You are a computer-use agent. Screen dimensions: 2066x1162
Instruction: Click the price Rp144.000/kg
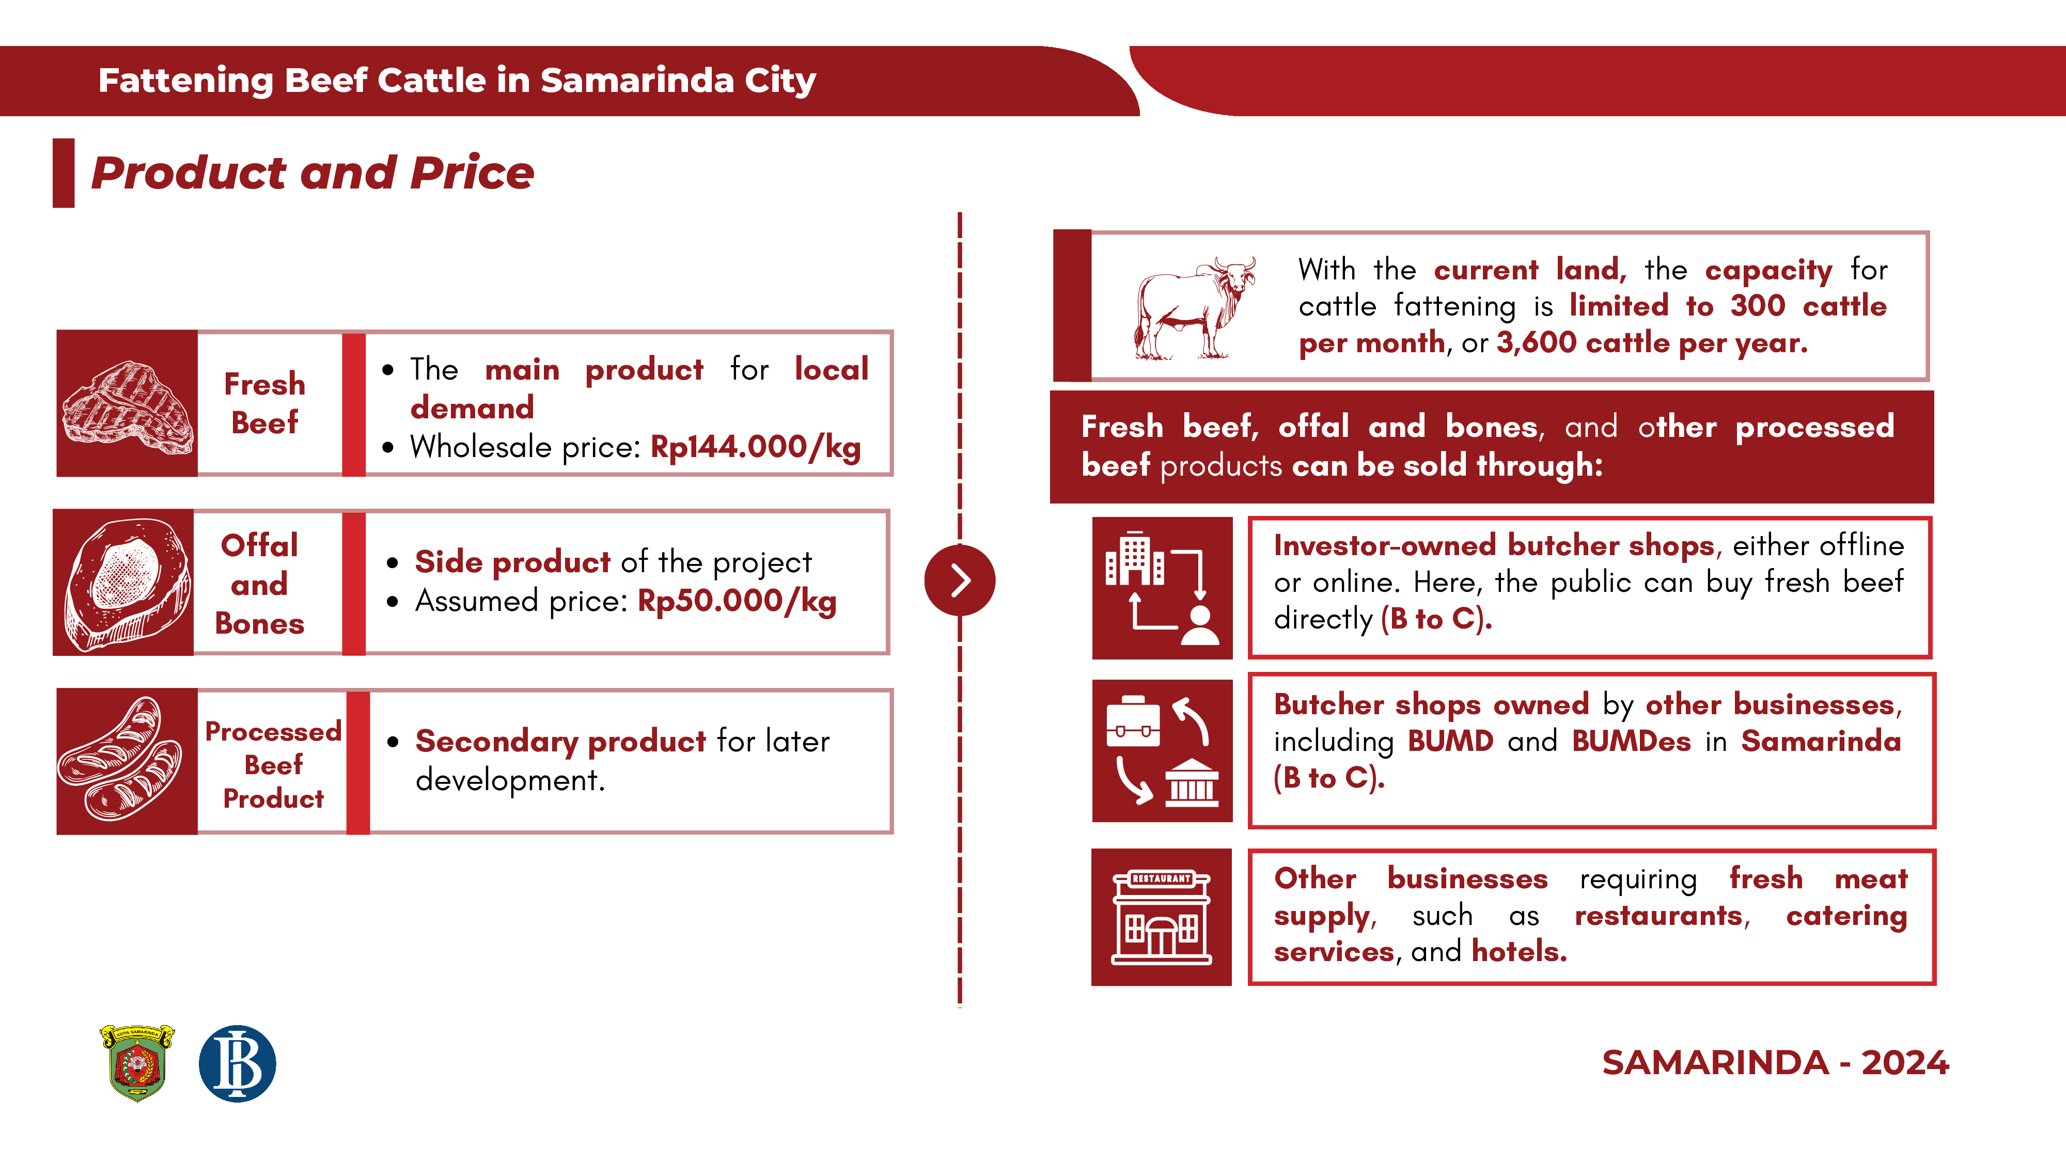pyautogui.click(x=756, y=447)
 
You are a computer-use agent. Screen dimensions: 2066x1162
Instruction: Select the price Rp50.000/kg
pyautogui.click(x=737, y=602)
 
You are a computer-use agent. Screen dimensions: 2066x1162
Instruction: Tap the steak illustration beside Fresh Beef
pyautogui.click(x=128, y=407)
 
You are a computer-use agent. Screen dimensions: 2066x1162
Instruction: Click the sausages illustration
pyautogui.click(x=121, y=759)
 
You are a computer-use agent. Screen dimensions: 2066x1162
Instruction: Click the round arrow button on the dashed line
pyautogui.click(x=960, y=580)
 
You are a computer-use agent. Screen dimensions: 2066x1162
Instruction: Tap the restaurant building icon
pyautogui.click(x=1161, y=917)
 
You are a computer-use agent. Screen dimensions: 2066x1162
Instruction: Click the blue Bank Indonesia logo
pyautogui.click(x=238, y=1063)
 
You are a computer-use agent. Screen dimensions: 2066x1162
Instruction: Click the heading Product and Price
pyautogui.click(x=312, y=173)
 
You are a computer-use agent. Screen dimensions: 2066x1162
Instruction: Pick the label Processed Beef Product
pyautogui.click(x=274, y=764)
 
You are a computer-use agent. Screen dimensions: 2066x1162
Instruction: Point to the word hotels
pyautogui.click(x=1519, y=952)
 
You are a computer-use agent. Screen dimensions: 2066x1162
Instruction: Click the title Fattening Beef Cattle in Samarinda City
pyautogui.click(x=457, y=80)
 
